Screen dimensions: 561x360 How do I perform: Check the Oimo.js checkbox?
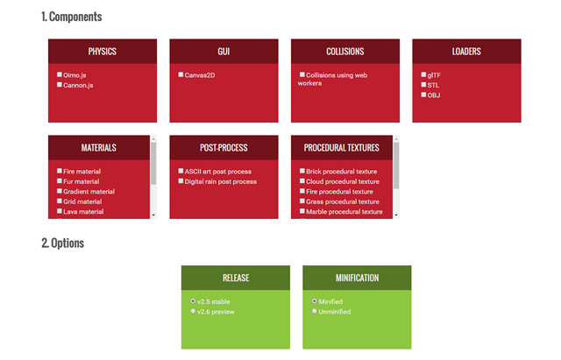click(x=60, y=74)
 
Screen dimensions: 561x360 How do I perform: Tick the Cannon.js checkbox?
click(x=60, y=85)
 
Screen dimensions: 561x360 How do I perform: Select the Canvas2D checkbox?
click(x=181, y=74)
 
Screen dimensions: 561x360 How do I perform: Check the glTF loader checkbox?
click(x=423, y=74)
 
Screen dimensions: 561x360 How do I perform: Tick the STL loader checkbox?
click(x=423, y=85)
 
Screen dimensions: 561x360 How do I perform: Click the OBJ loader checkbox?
click(x=423, y=95)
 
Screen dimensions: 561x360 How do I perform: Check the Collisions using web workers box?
click(x=302, y=74)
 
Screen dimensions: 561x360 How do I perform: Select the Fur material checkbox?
click(x=60, y=181)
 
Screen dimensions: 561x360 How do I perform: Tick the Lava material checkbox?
click(x=60, y=211)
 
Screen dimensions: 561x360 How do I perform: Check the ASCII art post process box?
click(x=181, y=171)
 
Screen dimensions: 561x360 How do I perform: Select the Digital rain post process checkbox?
click(x=181, y=181)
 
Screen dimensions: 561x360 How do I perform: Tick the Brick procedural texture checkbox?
click(x=302, y=171)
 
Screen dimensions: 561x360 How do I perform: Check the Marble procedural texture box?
click(x=302, y=211)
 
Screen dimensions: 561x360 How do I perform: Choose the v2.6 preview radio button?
click(x=193, y=311)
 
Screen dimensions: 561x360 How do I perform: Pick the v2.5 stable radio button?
click(x=193, y=301)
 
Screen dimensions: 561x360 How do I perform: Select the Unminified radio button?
click(x=315, y=311)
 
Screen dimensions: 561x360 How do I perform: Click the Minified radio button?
click(x=315, y=301)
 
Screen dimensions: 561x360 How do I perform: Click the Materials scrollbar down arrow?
click(x=153, y=215)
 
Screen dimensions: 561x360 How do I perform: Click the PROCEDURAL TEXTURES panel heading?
click(x=341, y=148)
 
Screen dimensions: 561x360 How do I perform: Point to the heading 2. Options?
click(x=62, y=244)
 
